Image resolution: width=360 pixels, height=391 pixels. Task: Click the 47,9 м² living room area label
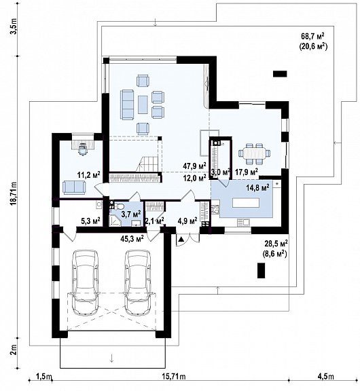coord(194,166)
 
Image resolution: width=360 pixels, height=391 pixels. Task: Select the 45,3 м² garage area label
coord(132,239)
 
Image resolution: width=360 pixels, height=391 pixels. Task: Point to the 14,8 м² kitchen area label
coord(257,187)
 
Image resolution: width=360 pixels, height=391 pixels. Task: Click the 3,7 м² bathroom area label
coord(131,214)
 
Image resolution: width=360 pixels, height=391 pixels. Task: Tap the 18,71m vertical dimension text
coord(14,193)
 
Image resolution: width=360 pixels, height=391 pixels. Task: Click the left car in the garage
coord(85,282)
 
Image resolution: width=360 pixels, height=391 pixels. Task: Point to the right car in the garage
coord(138,282)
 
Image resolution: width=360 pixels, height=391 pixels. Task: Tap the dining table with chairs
coord(254,154)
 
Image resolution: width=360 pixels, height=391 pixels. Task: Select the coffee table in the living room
coord(143,105)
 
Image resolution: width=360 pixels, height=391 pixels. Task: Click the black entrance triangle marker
coord(181,240)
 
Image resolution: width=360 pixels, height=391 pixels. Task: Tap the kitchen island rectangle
coord(247,203)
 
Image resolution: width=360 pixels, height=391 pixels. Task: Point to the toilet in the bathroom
coord(120,206)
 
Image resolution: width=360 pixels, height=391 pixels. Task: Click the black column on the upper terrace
coord(280,74)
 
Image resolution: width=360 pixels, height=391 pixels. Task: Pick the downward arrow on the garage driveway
coord(112,358)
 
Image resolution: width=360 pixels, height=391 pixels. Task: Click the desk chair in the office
coord(82,149)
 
